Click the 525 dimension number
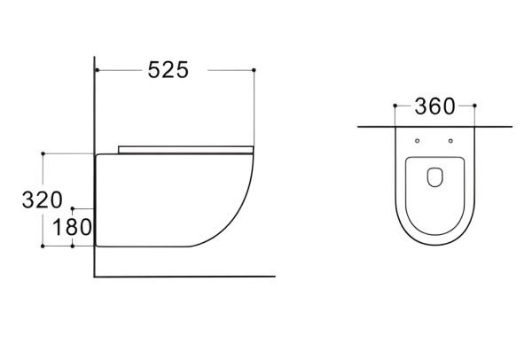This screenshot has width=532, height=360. click(168, 70)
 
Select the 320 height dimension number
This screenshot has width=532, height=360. click(43, 200)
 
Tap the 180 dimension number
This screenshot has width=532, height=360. click(73, 227)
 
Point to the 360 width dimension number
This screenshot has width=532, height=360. click(434, 106)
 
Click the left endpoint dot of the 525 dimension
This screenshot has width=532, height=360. click(97, 70)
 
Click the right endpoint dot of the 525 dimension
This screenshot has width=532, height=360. click(254, 70)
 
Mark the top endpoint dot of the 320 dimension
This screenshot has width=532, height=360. click(43, 153)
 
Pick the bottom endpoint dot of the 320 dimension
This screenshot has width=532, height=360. click(43, 246)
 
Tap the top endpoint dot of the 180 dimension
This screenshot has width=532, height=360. click(73, 208)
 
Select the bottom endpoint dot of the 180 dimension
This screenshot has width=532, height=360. click(73, 246)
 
